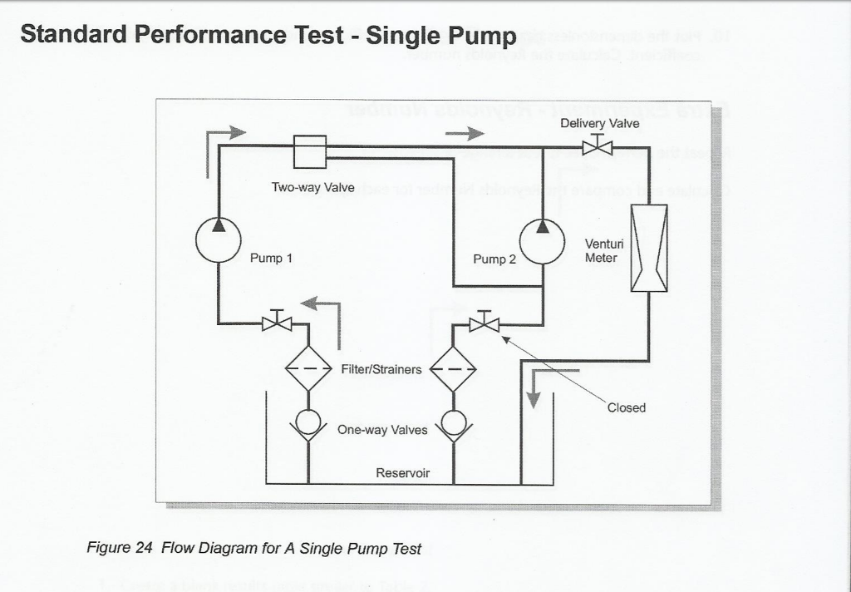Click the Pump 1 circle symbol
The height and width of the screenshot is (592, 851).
(219, 239)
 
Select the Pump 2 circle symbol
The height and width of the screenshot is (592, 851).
(542, 241)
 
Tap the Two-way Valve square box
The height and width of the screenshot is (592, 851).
(310, 151)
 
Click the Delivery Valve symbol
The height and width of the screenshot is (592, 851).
(597, 147)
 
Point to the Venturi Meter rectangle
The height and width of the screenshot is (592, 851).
(649, 248)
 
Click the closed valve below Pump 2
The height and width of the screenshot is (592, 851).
(484, 323)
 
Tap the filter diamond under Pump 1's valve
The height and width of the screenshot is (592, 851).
(308, 368)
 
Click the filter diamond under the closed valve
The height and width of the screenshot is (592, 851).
(453, 368)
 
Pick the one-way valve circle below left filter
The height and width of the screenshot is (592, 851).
(308, 422)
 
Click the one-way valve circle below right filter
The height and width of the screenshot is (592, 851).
(453, 422)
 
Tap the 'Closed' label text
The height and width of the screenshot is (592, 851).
(626, 407)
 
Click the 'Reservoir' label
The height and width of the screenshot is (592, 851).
(403, 473)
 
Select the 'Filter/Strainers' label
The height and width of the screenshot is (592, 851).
(381, 368)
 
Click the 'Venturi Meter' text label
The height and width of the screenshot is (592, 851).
(601, 251)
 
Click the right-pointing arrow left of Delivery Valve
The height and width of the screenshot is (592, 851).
(465, 133)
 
